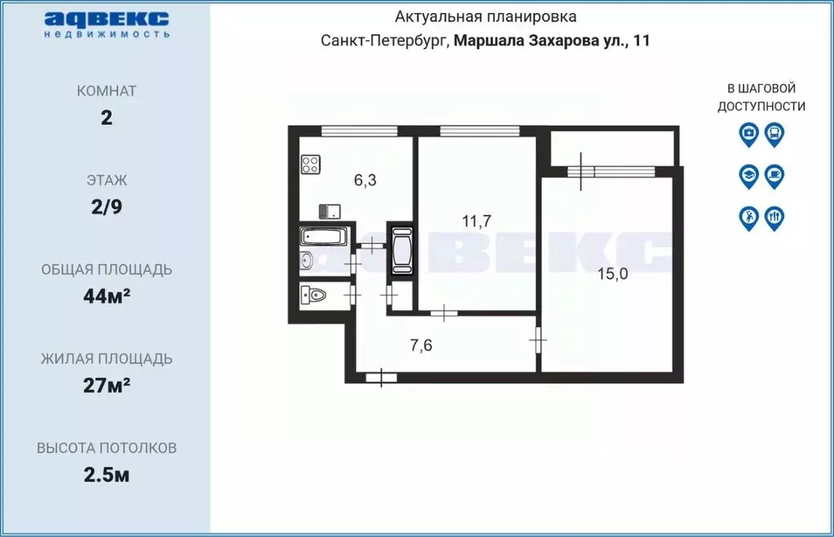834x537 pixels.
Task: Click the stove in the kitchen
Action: (311, 165)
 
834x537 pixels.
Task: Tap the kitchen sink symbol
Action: (329, 211)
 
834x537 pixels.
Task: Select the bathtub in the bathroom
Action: (324, 237)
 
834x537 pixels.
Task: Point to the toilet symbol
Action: (313, 294)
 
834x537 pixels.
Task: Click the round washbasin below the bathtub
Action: (307, 261)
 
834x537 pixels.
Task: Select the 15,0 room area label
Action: (612, 274)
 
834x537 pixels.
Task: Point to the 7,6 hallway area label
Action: (421, 345)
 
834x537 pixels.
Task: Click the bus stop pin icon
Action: (774, 133)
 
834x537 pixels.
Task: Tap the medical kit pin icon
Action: (748, 133)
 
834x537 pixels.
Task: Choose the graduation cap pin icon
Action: (748, 175)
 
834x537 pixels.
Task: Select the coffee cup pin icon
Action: (774, 175)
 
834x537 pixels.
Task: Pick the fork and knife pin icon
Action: (774, 217)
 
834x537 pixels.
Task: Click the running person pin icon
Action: (748, 217)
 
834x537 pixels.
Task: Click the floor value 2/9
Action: (106, 206)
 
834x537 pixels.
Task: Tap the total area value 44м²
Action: (106, 296)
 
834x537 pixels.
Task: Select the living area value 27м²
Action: (106, 385)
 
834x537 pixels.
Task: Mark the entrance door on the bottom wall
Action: (381, 377)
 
